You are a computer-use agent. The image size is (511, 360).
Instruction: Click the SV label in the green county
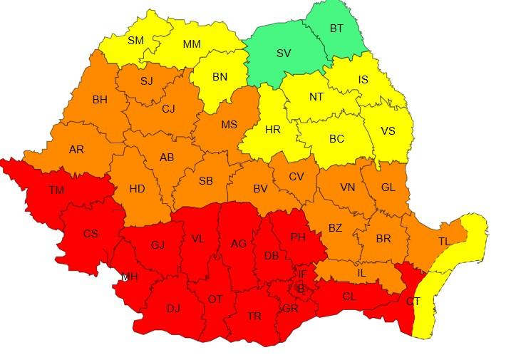click(x=284, y=53)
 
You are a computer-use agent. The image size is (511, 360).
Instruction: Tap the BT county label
click(x=336, y=29)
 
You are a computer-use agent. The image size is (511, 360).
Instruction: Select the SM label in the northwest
click(x=135, y=41)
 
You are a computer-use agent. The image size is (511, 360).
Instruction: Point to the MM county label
click(x=191, y=44)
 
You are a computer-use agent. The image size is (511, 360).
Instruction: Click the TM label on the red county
click(x=56, y=190)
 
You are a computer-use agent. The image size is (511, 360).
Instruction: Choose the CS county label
click(x=91, y=234)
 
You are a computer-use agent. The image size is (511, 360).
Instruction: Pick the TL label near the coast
click(x=444, y=242)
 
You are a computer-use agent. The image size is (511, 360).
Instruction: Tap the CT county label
click(x=413, y=302)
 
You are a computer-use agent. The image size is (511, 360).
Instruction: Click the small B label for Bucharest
click(x=300, y=289)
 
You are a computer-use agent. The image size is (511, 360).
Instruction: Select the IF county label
click(x=302, y=274)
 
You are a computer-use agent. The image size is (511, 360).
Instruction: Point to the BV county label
click(x=260, y=189)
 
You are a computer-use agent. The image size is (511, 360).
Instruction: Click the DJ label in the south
click(x=173, y=309)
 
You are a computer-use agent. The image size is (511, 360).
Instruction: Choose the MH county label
click(x=130, y=277)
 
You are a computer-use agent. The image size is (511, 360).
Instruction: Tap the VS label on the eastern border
click(x=388, y=131)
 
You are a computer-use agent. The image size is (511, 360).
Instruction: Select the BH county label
click(x=100, y=100)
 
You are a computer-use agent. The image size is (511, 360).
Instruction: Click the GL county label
click(x=388, y=187)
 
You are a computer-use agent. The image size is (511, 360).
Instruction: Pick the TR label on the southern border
click(x=254, y=316)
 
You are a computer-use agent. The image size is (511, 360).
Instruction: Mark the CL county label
click(x=349, y=296)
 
